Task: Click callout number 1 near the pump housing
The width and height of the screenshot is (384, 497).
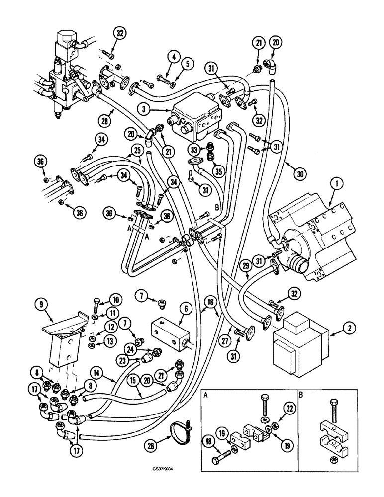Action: click(337, 186)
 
